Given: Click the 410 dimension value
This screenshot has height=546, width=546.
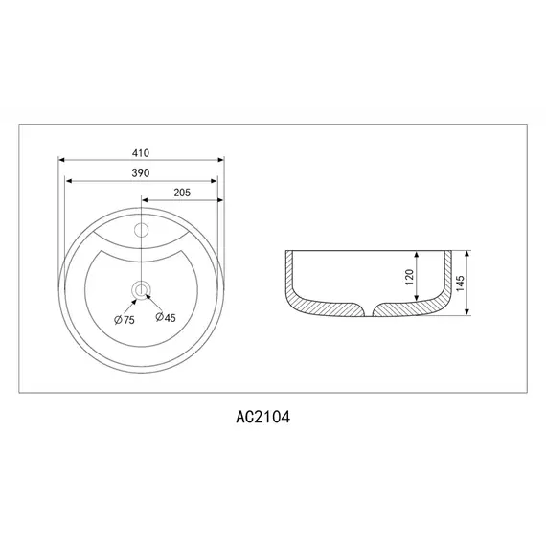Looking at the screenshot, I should [x=141, y=152].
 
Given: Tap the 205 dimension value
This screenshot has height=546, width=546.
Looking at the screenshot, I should [x=183, y=193].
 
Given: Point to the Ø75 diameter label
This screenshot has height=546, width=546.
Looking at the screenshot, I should [x=124, y=319].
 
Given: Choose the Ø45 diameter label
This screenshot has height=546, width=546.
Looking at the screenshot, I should [x=165, y=319].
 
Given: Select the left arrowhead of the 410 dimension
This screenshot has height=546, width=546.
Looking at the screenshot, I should [x=61, y=160].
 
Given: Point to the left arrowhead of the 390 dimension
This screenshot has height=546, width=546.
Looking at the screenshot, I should [x=67, y=179].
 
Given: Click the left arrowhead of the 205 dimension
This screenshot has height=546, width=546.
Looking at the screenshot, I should [x=145, y=200].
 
